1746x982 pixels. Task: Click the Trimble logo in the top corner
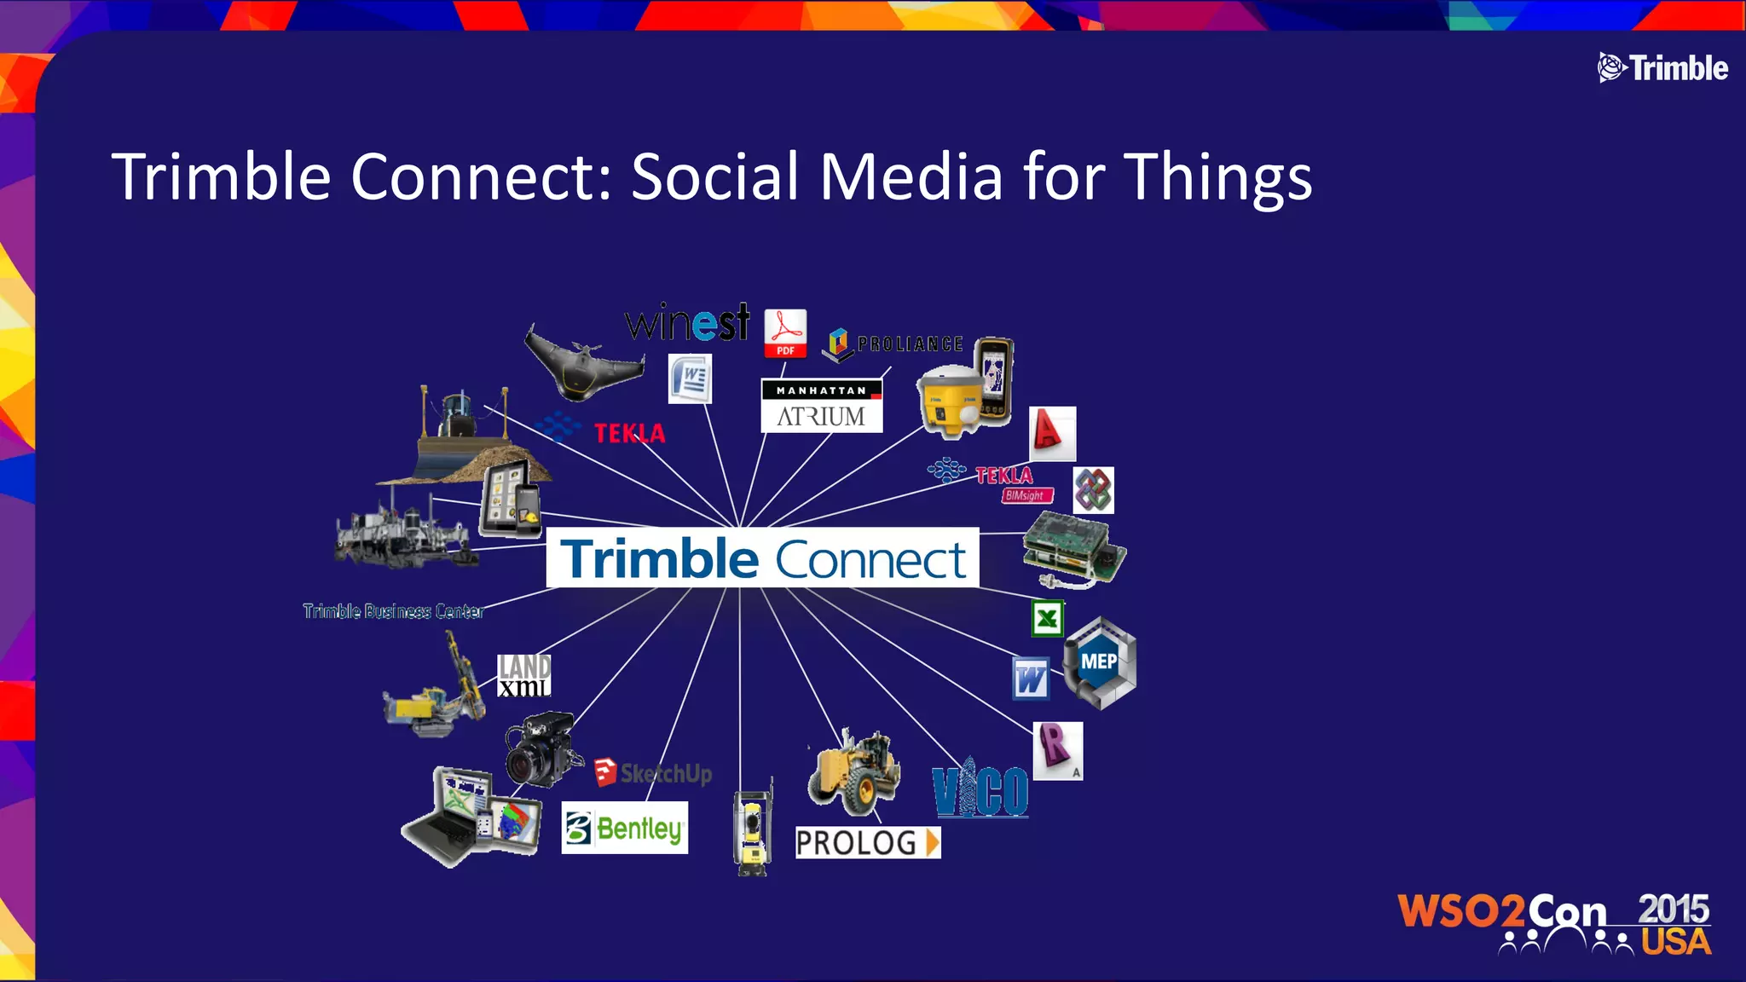pos(1662,68)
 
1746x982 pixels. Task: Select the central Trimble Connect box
pos(762,558)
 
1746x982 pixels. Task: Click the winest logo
pos(687,323)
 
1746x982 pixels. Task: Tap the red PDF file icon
pos(785,333)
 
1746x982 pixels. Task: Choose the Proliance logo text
pos(909,344)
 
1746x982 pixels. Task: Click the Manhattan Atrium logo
pos(821,406)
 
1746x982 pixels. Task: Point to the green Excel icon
pos(1047,618)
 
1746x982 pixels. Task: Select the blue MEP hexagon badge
pos(1099,662)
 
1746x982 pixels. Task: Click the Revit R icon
pos(1057,750)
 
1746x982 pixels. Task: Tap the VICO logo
pos(980,789)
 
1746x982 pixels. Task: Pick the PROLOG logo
pos(867,842)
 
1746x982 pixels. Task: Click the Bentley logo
pos(625,828)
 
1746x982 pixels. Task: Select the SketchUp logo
pos(653,773)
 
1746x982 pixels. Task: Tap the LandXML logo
pos(523,675)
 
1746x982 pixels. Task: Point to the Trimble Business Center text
pos(393,611)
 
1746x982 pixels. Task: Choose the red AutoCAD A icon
pos(1052,433)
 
